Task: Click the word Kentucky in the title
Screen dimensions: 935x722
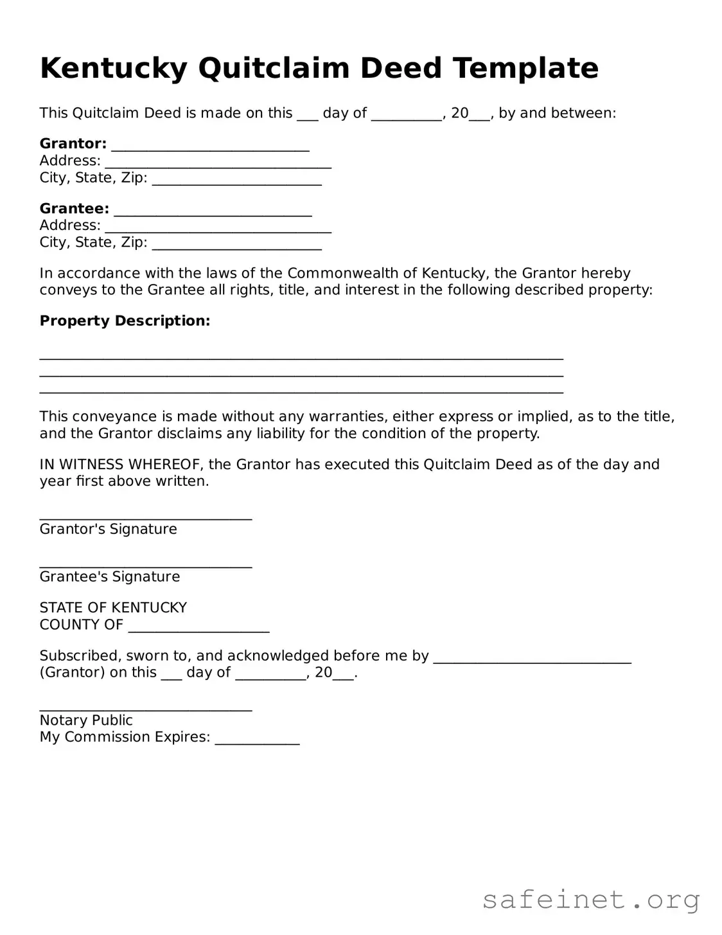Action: pyautogui.click(x=114, y=68)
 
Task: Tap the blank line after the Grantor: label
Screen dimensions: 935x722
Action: pyautogui.click(x=210, y=147)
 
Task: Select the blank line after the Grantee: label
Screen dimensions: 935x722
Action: pyautogui.click(x=213, y=212)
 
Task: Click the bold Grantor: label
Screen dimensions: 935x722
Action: pyautogui.click(x=73, y=143)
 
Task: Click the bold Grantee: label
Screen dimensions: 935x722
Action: pyautogui.click(x=74, y=208)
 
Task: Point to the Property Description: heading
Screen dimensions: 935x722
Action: pyautogui.click(x=125, y=321)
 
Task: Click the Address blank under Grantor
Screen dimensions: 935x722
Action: pyautogui.click(x=218, y=164)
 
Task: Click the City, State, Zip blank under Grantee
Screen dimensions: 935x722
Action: pyautogui.click(x=236, y=245)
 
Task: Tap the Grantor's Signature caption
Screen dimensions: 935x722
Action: pyautogui.click(x=108, y=529)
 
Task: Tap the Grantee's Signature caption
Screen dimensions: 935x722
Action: pyautogui.click(x=110, y=576)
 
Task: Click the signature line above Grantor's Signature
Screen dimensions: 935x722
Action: pyautogui.click(x=146, y=517)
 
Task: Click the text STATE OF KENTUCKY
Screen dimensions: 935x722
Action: pyautogui.click(x=113, y=607)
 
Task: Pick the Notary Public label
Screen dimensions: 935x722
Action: pyautogui.click(x=86, y=720)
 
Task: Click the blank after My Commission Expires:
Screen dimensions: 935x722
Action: pyautogui.click(x=257, y=741)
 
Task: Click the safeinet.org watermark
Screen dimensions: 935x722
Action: pyautogui.click(x=590, y=900)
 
